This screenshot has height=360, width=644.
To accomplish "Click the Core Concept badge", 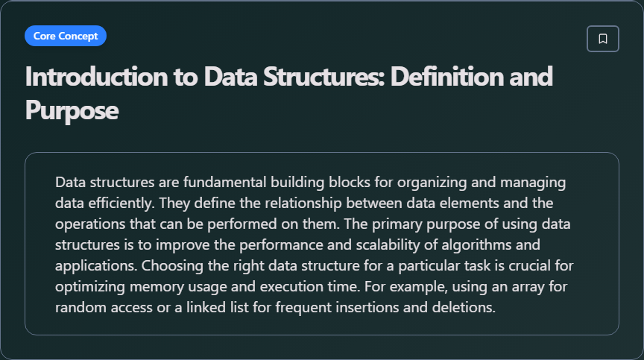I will coord(66,36).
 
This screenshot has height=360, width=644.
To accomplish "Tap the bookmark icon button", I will coord(603,39).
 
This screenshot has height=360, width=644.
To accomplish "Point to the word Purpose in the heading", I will coord(72,110).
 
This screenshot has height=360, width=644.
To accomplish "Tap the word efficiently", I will coord(121,203).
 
